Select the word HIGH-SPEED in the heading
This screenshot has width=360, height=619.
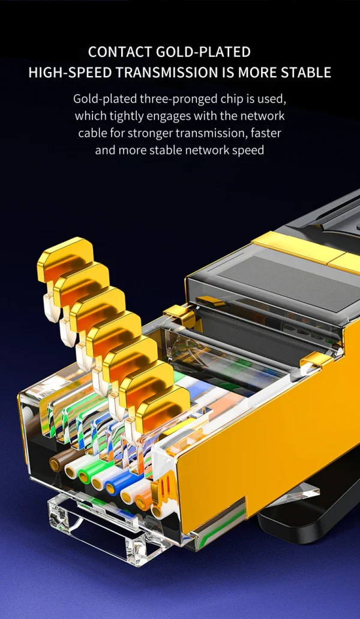[65, 73]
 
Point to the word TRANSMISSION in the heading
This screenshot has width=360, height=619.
[161, 73]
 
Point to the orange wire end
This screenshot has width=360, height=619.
[143, 501]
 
